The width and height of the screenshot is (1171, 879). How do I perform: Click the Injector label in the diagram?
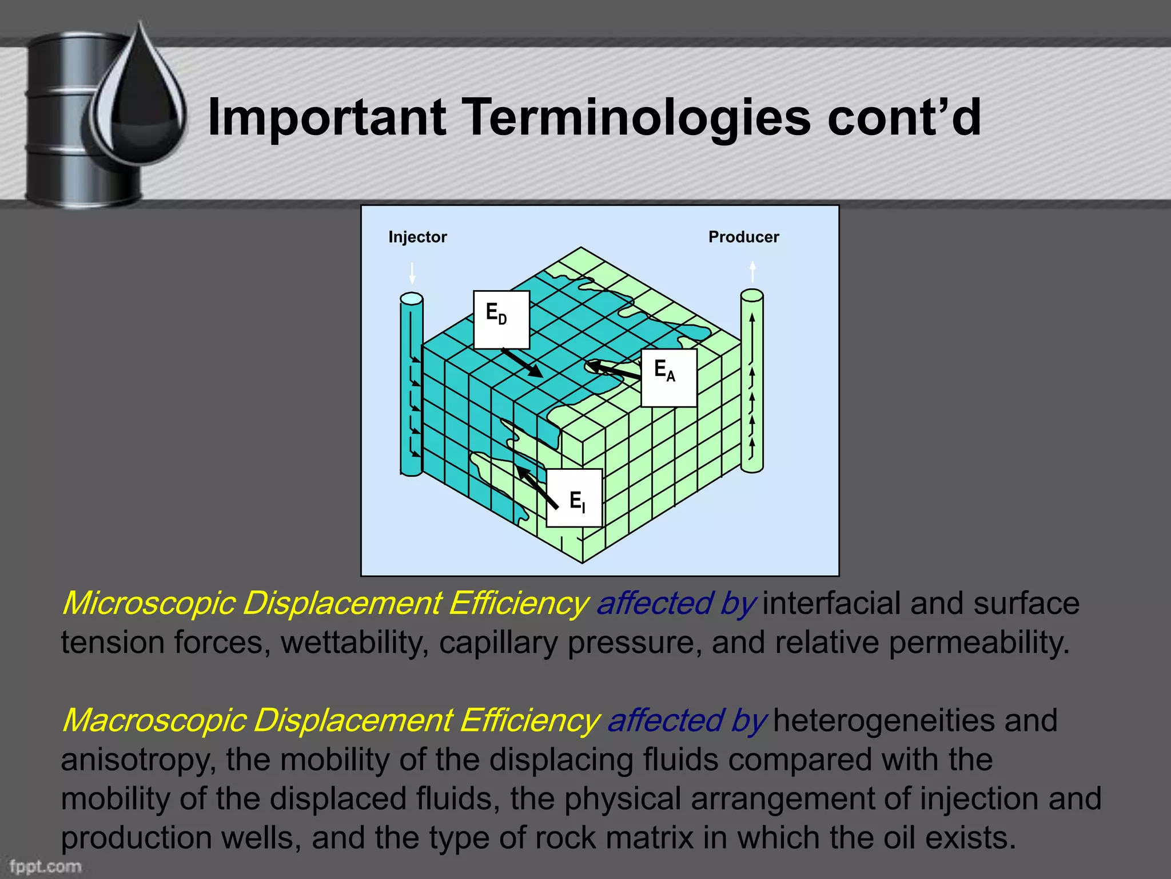tap(417, 237)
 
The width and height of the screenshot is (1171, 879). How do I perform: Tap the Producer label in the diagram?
tap(743, 237)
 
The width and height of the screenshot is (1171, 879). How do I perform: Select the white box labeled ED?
tap(501, 319)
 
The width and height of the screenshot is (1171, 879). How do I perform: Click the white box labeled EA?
tap(668, 378)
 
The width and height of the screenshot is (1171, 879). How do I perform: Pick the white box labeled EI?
tap(574, 498)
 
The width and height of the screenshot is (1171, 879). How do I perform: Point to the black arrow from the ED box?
tap(522, 363)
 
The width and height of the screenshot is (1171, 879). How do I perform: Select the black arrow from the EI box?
tap(537, 488)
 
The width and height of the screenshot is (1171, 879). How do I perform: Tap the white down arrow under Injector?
tap(412, 274)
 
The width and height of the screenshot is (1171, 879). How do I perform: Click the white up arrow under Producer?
tap(752, 271)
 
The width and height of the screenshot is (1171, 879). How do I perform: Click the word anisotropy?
tap(138, 760)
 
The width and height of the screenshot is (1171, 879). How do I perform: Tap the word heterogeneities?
tap(883, 720)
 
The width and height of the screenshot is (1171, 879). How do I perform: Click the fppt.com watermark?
tap(45, 866)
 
